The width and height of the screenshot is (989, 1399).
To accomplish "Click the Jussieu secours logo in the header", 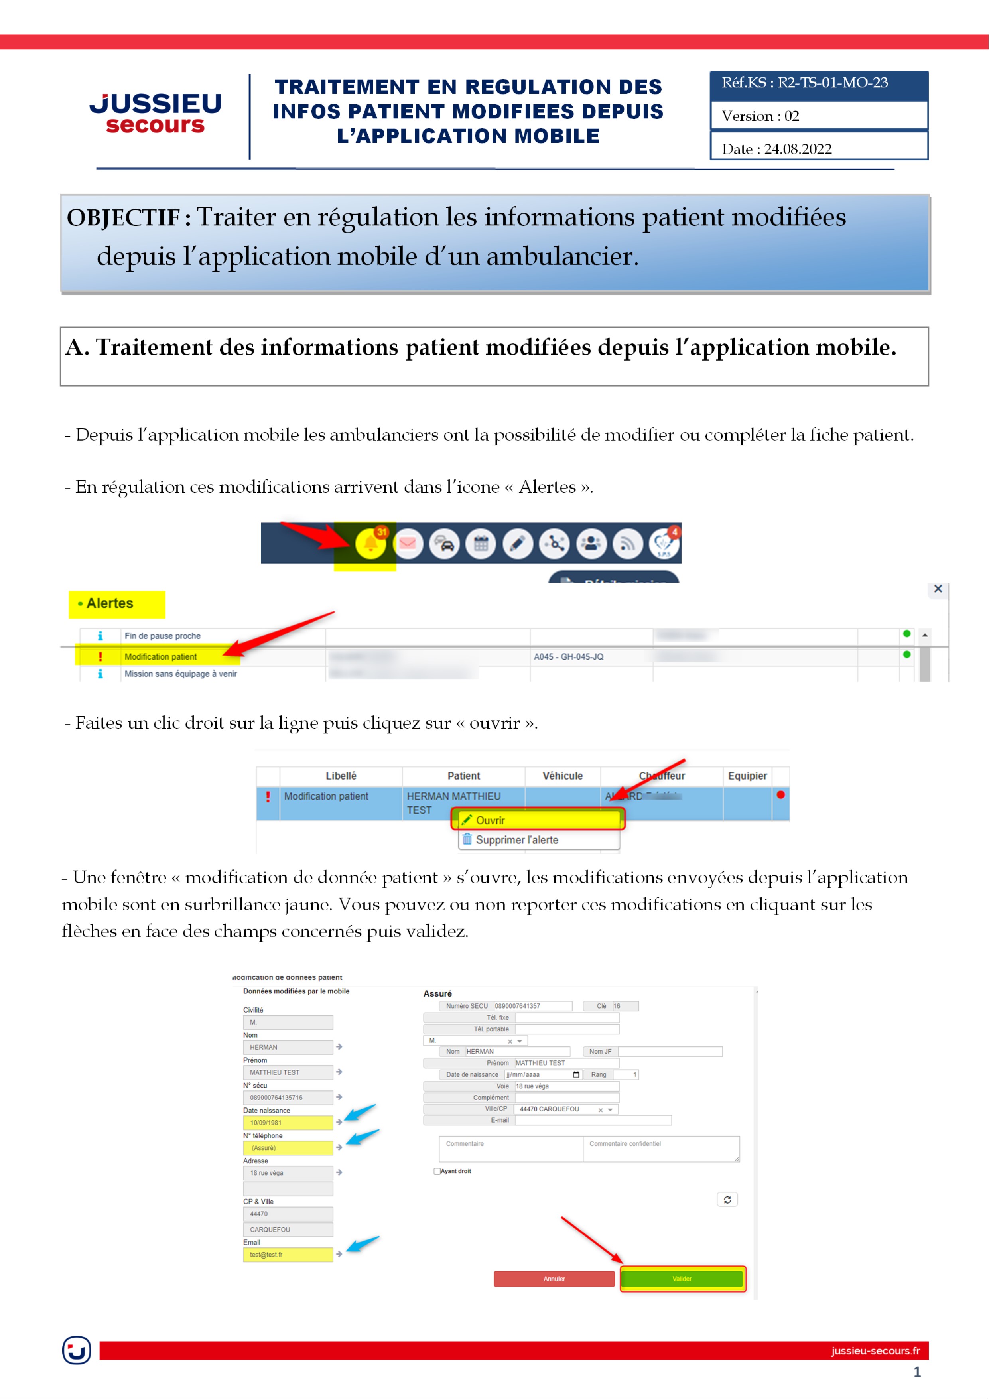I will pyautogui.click(x=156, y=113).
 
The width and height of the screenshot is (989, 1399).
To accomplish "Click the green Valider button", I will pyautogui.click(x=682, y=1278).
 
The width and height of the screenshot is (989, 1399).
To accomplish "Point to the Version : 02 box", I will pyautogui.click(x=818, y=116).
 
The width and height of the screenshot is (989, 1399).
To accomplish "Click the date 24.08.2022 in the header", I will pyautogui.click(x=797, y=149).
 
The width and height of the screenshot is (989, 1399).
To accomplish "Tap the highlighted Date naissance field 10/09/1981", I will pyautogui.click(x=288, y=1122).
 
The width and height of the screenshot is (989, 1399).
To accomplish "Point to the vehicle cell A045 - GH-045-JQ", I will pyautogui.click(x=569, y=657).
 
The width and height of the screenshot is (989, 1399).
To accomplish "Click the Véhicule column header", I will pyautogui.click(x=562, y=776).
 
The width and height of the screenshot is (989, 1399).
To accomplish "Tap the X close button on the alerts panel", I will pyautogui.click(x=938, y=589).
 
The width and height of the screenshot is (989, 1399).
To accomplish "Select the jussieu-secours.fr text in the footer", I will pyautogui.click(x=875, y=1351).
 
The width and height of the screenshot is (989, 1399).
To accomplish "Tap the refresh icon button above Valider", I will pyautogui.click(x=727, y=1200).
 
